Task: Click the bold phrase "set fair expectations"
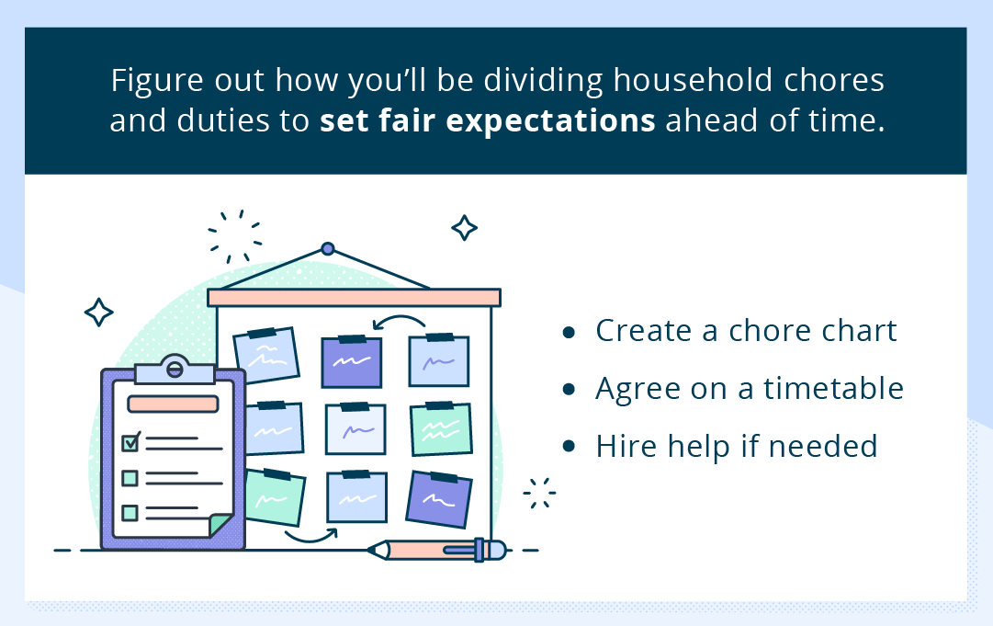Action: (x=487, y=121)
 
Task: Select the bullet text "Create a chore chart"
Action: (x=746, y=330)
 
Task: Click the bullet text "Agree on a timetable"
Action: (x=750, y=388)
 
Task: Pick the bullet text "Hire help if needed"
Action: (x=737, y=446)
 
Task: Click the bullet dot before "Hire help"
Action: (x=570, y=446)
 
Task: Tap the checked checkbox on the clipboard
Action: (x=130, y=442)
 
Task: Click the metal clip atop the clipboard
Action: (x=175, y=370)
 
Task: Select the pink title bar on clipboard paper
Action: (x=173, y=404)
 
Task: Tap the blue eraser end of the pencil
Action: (x=494, y=550)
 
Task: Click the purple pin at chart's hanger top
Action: (x=328, y=248)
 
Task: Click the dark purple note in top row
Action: (x=351, y=362)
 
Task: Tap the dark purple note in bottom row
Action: (x=439, y=499)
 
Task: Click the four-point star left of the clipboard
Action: (x=98, y=313)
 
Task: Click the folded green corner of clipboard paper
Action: (x=220, y=526)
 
